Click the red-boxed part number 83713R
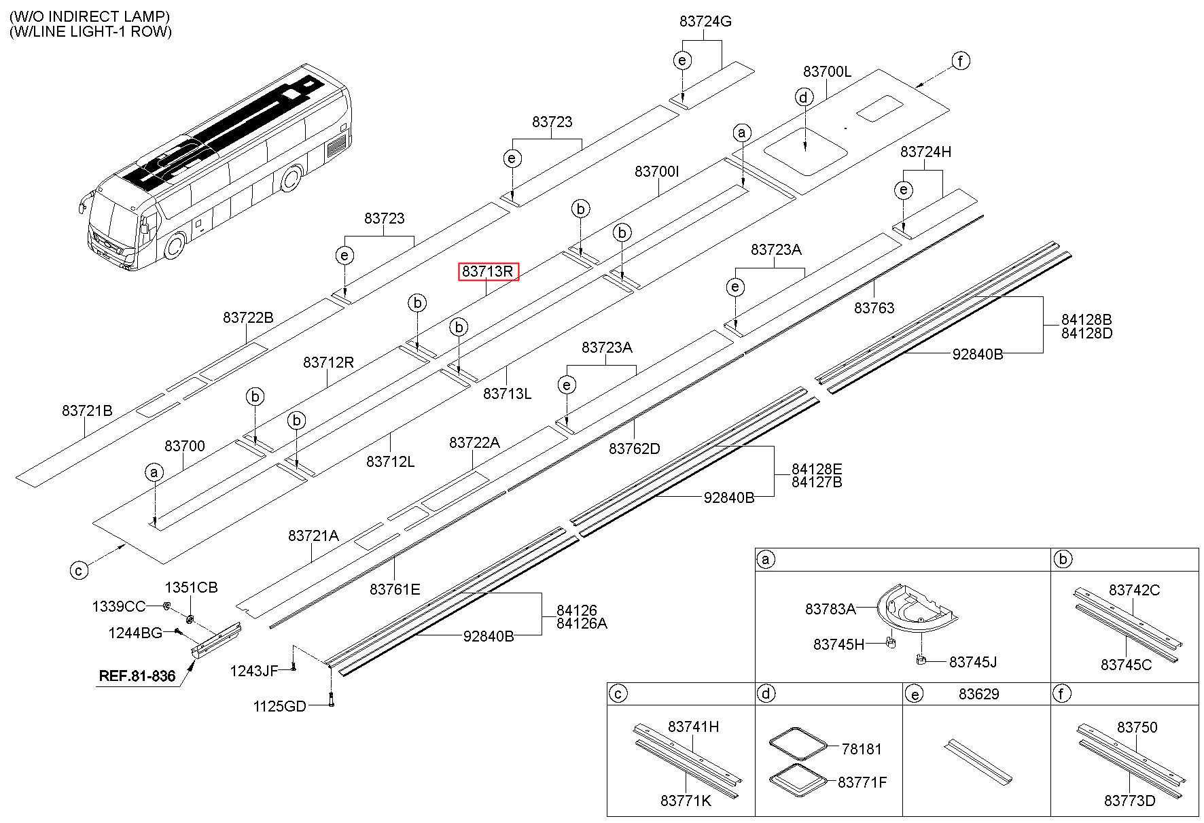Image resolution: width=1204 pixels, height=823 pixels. click(x=489, y=272)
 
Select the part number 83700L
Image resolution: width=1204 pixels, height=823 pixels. click(x=827, y=71)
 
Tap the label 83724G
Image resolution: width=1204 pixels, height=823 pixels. click(x=705, y=22)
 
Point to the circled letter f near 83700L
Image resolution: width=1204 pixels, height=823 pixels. click(x=960, y=61)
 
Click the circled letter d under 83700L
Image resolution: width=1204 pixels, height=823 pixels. click(x=804, y=97)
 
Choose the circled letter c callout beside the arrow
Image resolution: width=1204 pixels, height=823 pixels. click(x=79, y=570)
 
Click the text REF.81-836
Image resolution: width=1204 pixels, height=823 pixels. click(x=137, y=676)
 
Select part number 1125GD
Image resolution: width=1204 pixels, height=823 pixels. click(x=280, y=706)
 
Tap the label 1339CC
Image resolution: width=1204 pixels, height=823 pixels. click(x=119, y=606)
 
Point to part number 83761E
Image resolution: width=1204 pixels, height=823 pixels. click(x=395, y=589)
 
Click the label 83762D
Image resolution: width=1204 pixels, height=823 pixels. click(x=635, y=449)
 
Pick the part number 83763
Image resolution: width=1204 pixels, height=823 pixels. click(x=874, y=308)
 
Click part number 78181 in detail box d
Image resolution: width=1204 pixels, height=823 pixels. click(x=862, y=749)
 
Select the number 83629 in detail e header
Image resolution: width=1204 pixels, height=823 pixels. click(x=979, y=694)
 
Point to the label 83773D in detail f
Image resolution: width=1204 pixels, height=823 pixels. click(x=1129, y=801)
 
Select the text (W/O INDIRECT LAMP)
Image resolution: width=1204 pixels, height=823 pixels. click(x=90, y=16)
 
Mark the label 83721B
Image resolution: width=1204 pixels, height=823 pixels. click(x=87, y=410)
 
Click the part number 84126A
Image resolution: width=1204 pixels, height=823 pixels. click(x=582, y=623)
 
